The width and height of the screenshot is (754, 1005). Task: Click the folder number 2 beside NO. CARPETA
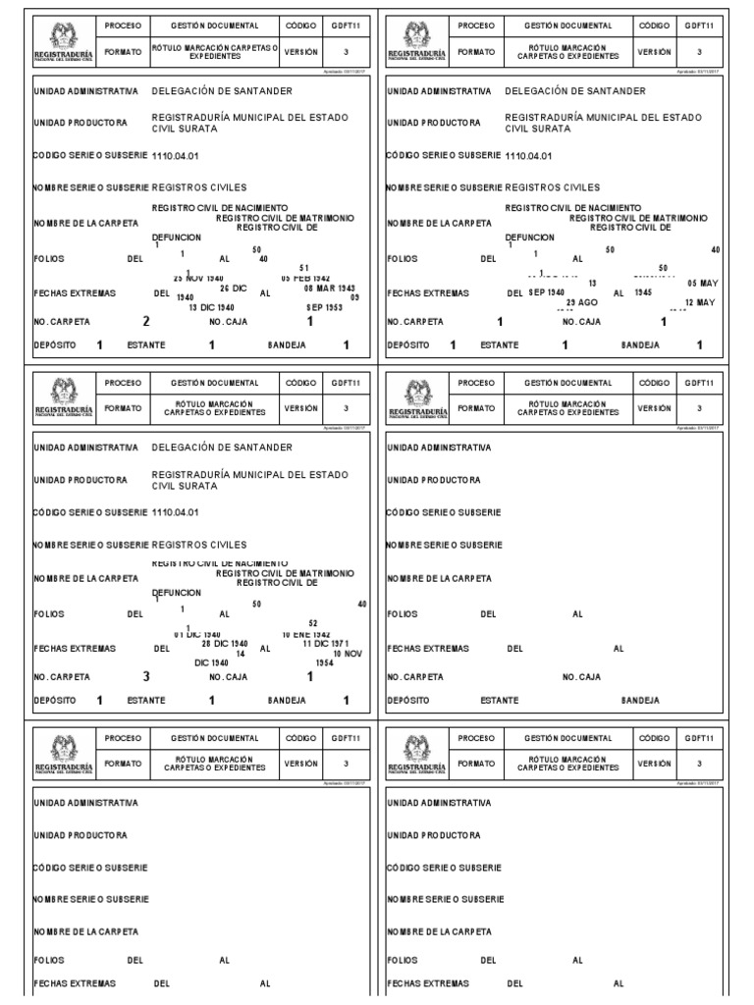click(146, 320)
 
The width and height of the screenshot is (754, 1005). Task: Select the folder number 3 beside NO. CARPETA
click(146, 676)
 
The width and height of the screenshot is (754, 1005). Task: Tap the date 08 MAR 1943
click(328, 288)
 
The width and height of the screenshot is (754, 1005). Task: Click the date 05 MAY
click(702, 281)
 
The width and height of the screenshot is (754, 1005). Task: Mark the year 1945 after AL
click(644, 292)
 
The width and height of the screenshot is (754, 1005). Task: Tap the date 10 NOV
click(350, 654)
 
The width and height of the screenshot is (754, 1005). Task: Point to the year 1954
click(325, 663)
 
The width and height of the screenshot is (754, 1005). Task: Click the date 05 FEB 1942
click(305, 278)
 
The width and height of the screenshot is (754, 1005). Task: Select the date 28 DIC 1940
click(225, 644)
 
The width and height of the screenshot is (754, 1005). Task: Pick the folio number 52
click(313, 623)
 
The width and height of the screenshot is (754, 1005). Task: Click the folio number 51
click(304, 268)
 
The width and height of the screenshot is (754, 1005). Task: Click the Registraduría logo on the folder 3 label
click(62, 393)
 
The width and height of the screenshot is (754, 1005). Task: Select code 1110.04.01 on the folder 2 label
click(176, 155)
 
